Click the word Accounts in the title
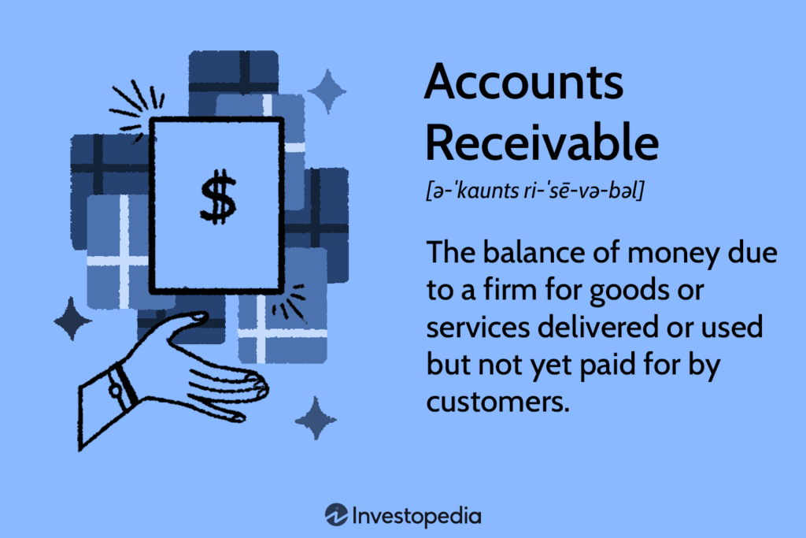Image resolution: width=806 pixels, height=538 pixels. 523,83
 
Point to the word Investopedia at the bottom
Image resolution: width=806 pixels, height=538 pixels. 417,517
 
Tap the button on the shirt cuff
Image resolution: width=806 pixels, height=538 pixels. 116,388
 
